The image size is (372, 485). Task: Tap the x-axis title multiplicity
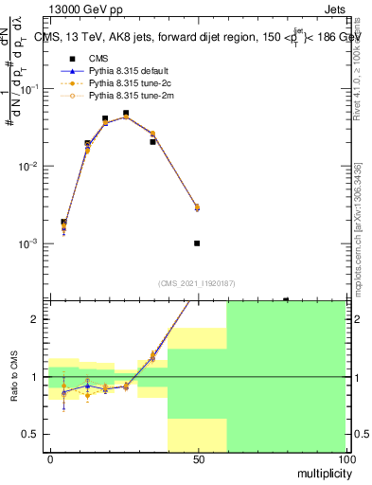coord(322,471)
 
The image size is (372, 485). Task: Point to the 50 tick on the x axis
coord(198,458)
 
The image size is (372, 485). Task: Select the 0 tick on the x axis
coord(50,458)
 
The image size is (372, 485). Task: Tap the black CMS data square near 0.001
coord(197,243)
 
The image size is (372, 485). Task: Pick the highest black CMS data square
coord(126,114)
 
